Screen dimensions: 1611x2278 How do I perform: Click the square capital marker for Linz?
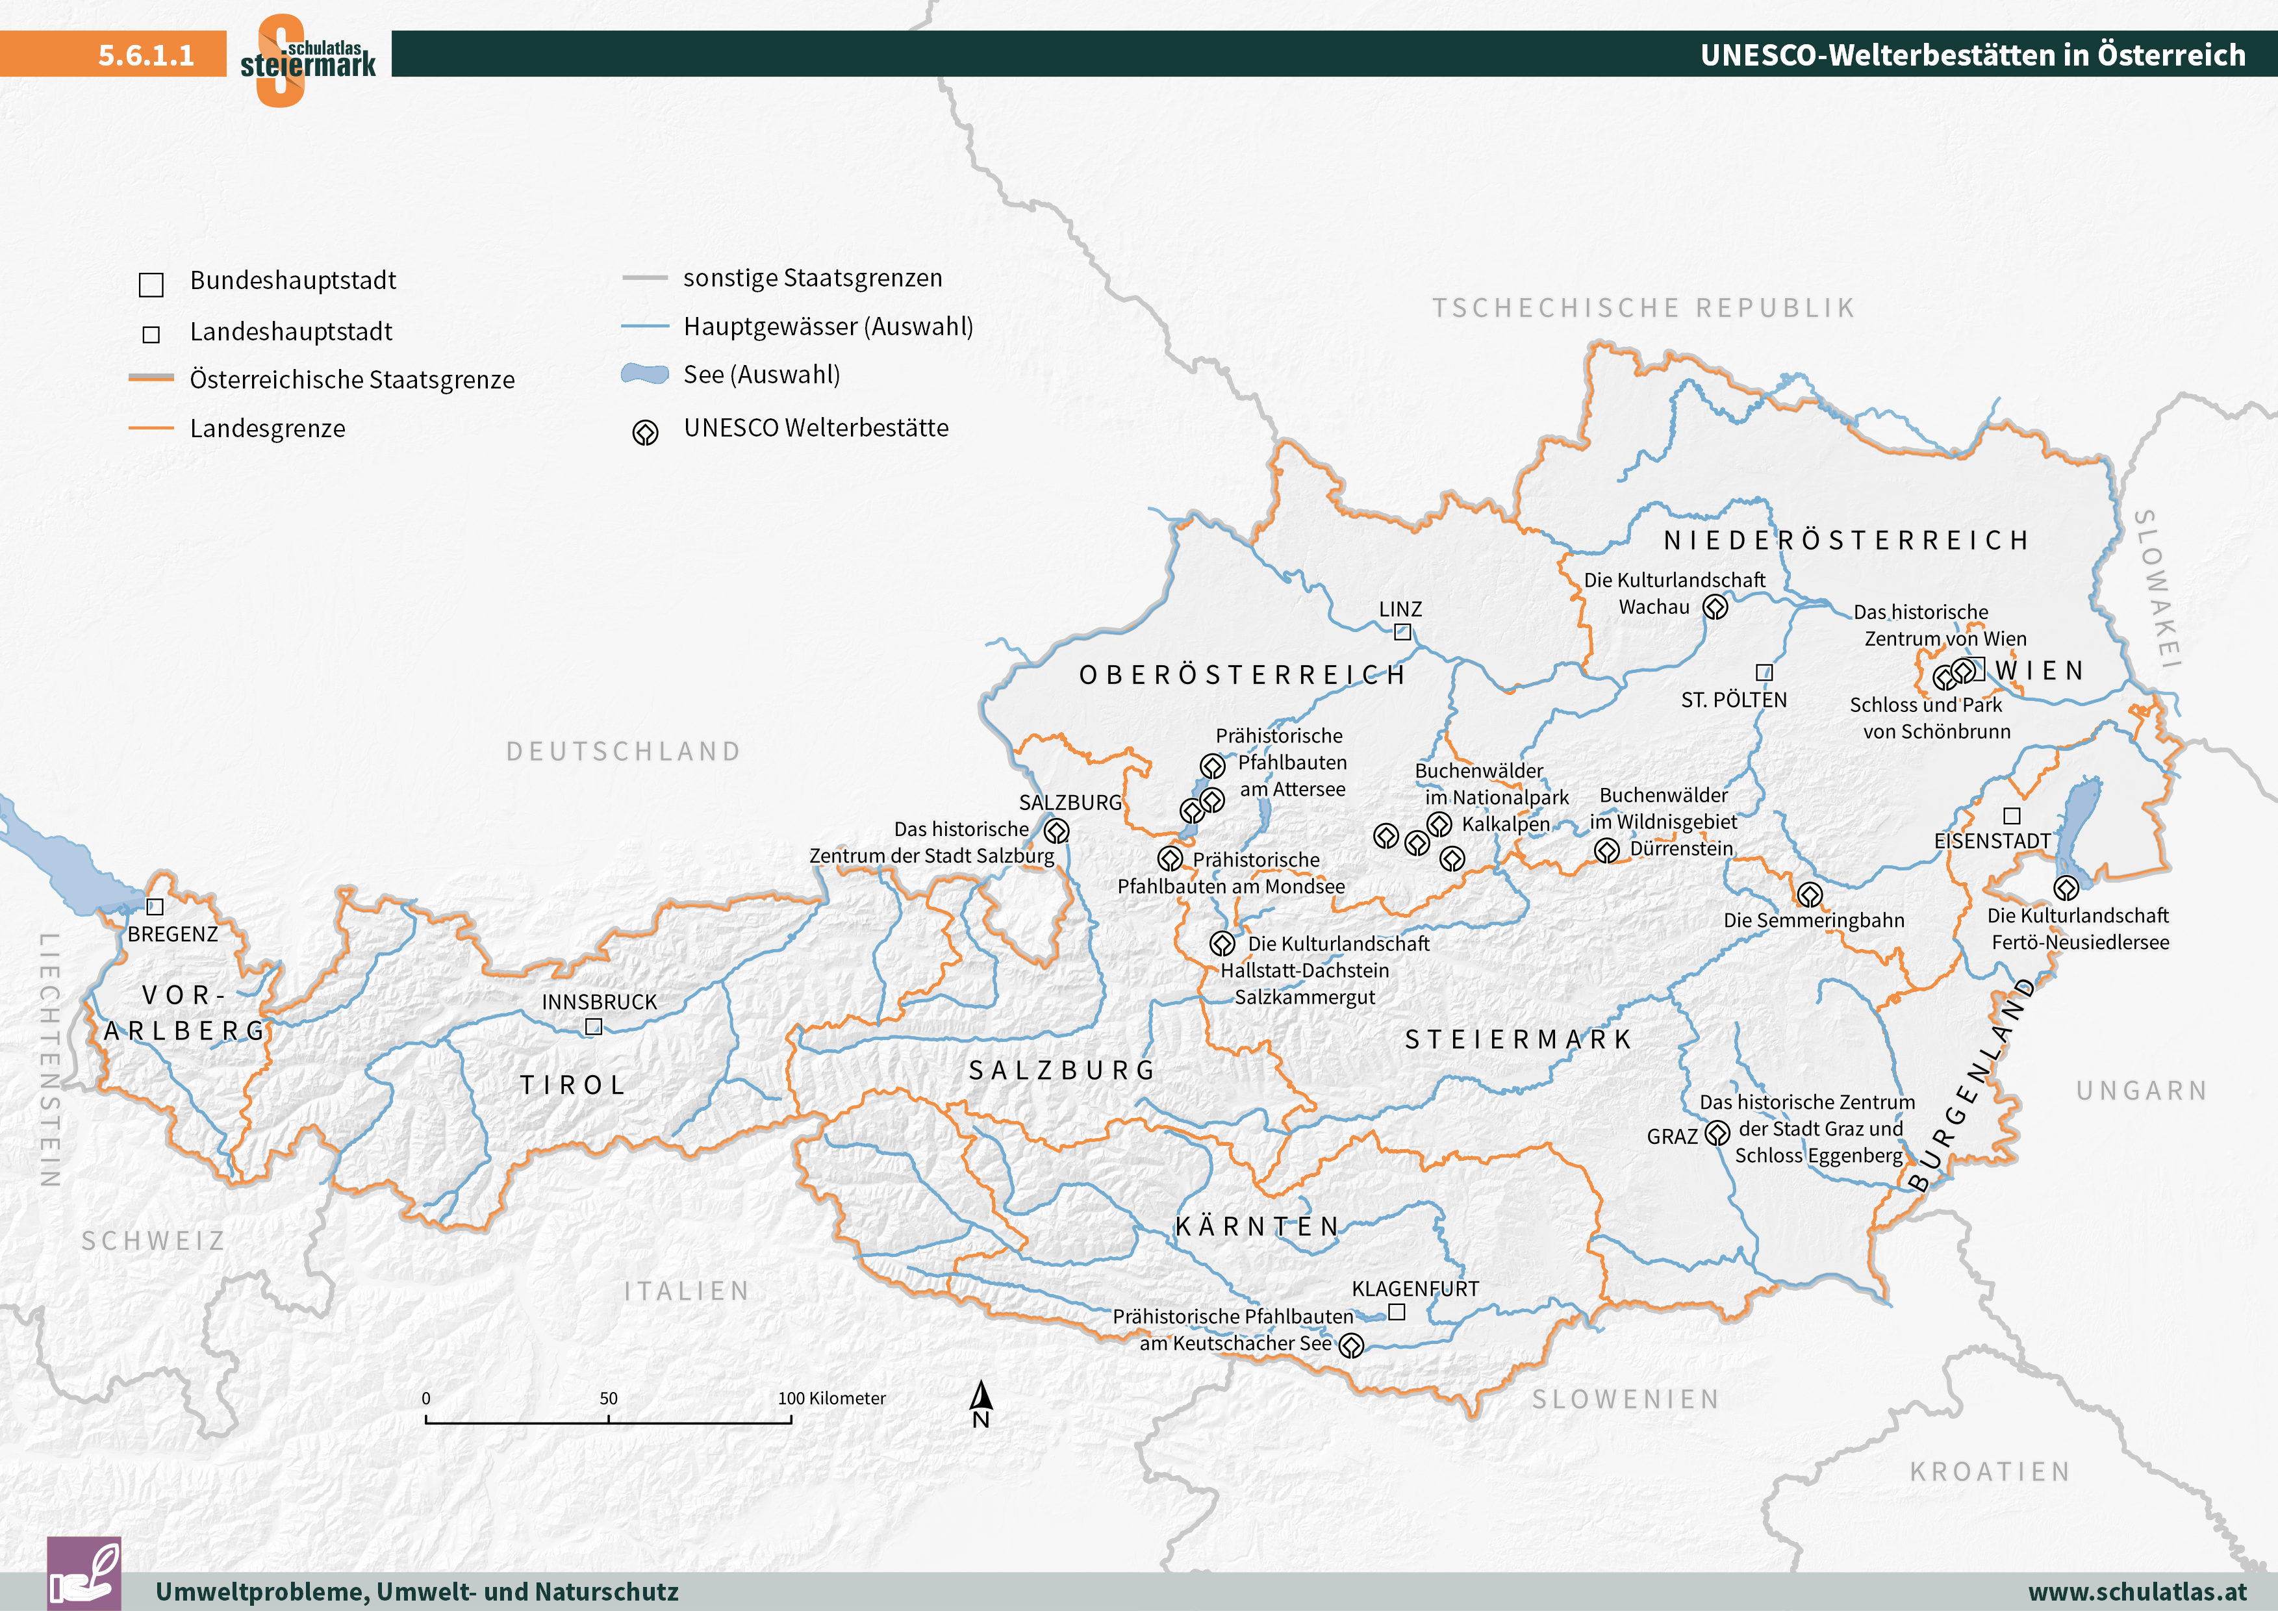point(1402,632)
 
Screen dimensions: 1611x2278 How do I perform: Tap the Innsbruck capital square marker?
point(593,1027)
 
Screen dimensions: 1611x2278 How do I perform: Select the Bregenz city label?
point(173,935)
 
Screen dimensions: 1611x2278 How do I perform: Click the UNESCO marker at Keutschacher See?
point(1351,1346)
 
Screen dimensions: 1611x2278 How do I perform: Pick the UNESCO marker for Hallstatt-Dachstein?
point(1222,943)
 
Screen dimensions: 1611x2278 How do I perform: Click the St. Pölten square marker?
point(1764,672)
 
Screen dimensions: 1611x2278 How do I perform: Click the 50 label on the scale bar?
point(608,1398)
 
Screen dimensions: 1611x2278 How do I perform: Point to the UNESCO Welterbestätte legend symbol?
point(645,433)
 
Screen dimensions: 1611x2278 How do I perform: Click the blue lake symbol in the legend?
point(645,374)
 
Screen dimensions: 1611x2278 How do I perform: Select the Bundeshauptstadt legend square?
point(151,285)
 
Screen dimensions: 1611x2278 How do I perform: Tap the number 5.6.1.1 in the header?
point(146,55)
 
